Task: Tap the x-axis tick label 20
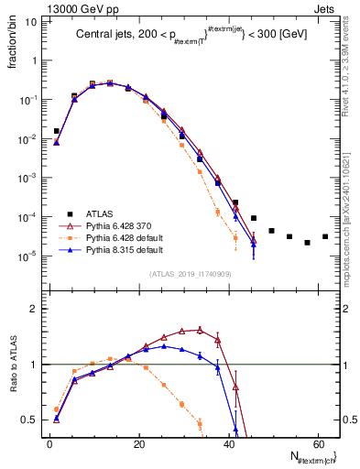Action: tap(139, 443)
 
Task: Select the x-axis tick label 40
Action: tap(229, 443)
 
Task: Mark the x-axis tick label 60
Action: tap(319, 443)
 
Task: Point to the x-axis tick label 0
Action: tap(49, 443)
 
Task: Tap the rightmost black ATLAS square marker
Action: tap(325, 236)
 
